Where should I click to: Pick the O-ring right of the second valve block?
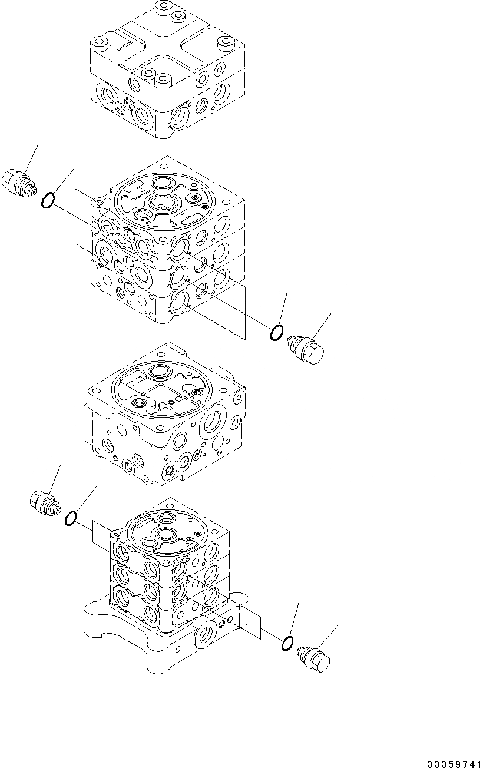coord(276,333)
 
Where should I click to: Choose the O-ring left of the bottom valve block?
coord(70,518)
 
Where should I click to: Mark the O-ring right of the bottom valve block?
coord(287,644)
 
